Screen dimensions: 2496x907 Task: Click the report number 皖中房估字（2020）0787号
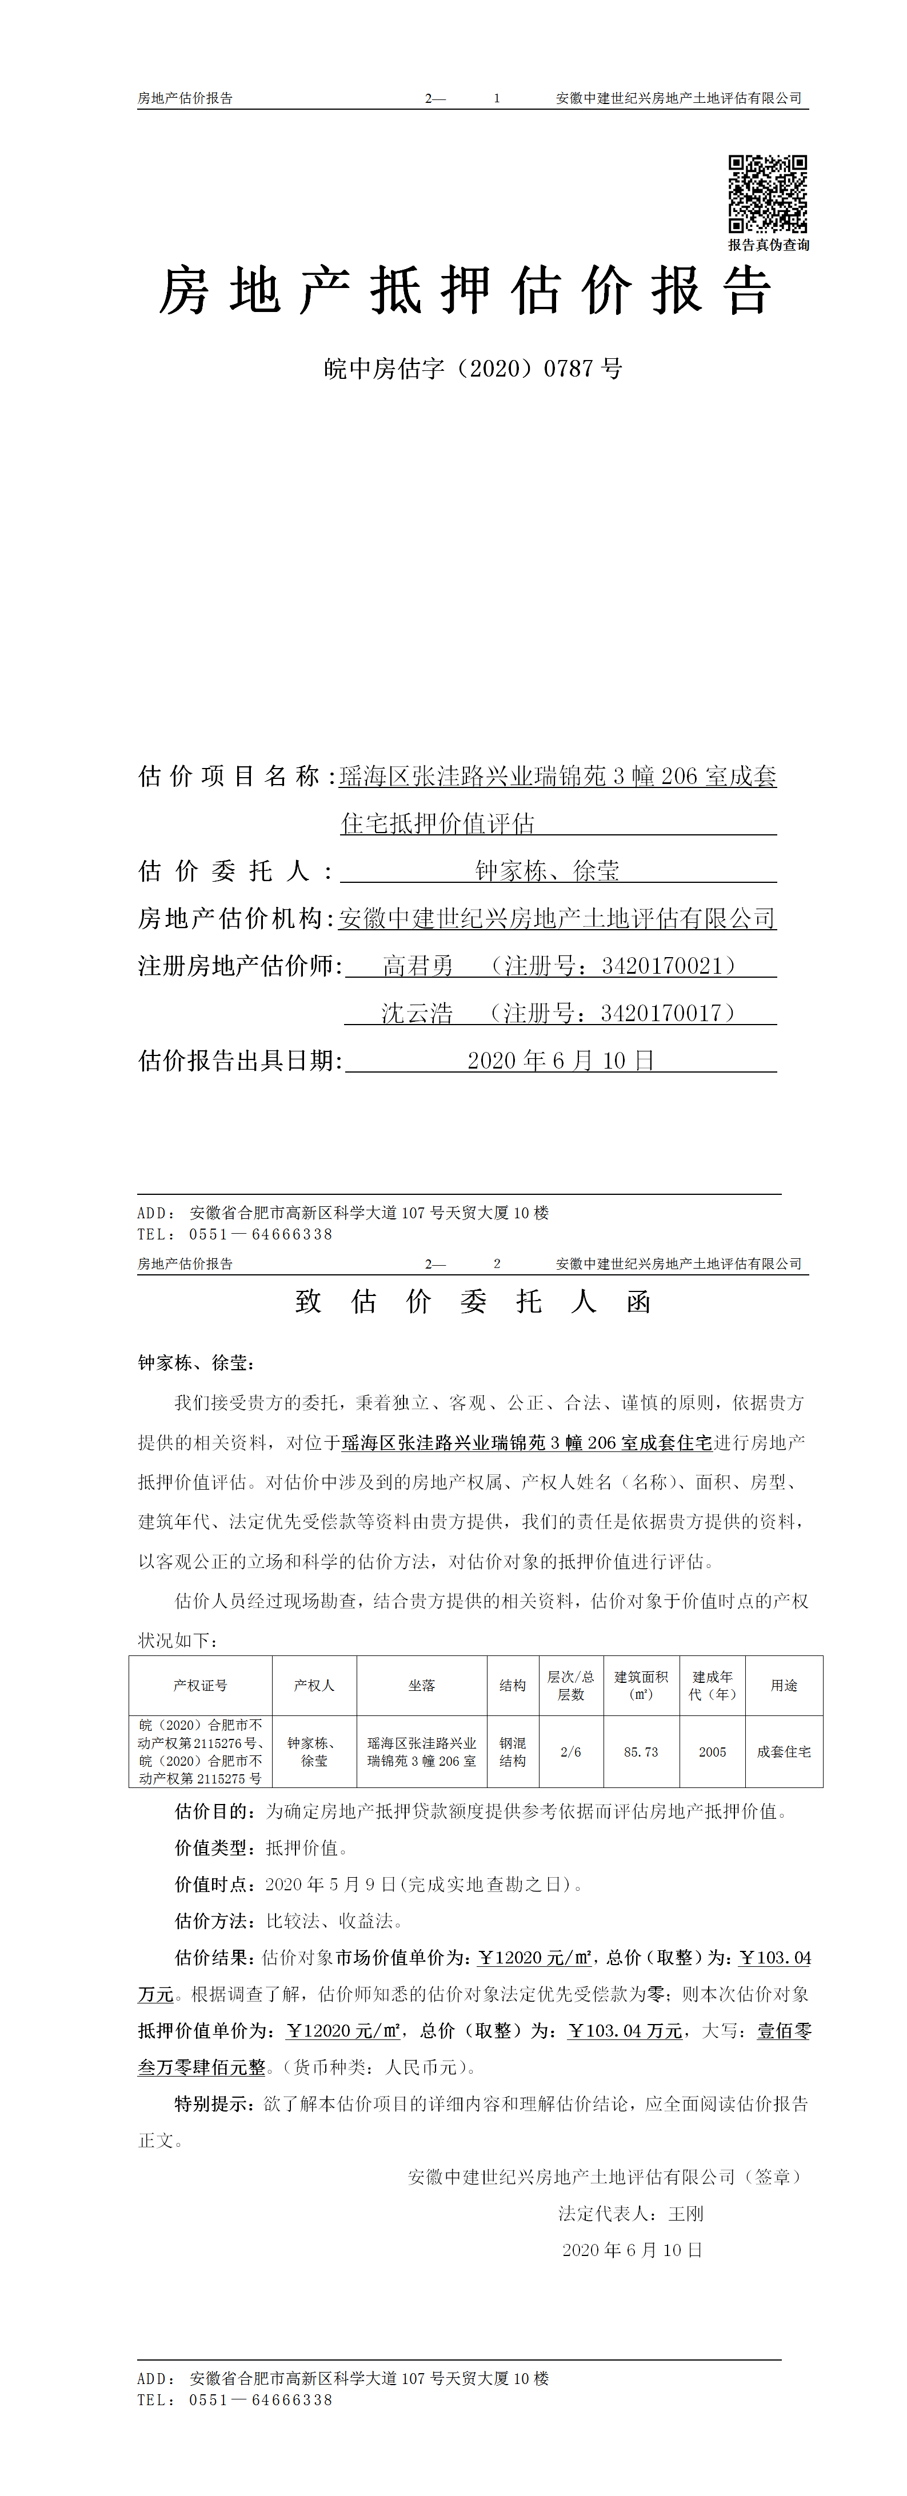(473, 369)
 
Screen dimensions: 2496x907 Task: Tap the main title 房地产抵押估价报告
(465, 291)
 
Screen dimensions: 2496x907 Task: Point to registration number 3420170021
(662, 966)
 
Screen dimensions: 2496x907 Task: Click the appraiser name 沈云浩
(417, 1014)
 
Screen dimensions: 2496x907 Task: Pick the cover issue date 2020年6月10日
(560, 1061)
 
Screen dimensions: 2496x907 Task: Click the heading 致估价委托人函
(473, 1301)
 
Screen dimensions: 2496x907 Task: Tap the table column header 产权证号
(201, 1686)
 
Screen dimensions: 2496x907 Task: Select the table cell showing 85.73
(641, 1752)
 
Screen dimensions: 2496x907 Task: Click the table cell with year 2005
(712, 1752)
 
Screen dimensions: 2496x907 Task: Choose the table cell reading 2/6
(571, 1752)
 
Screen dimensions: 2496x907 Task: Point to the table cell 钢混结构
(513, 1752)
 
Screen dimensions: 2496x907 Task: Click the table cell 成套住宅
(784, 1752)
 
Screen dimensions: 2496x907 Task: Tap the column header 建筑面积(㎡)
(641, 1686)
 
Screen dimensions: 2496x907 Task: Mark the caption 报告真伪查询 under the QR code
(769, 245)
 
